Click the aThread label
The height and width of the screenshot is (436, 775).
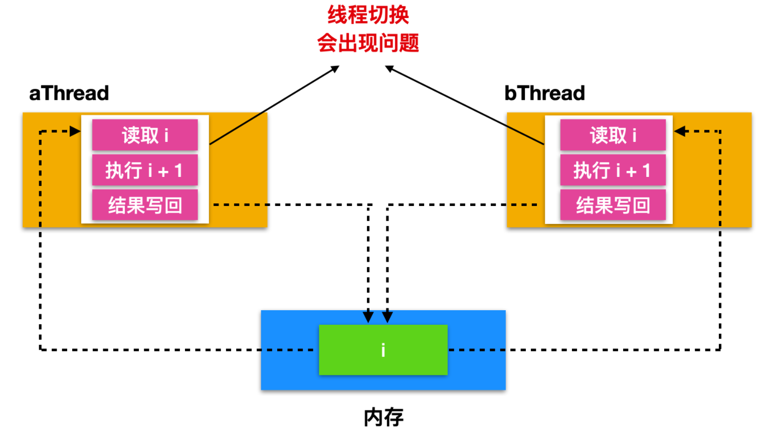click(x=69, y=93)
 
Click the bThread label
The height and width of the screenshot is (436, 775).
click(x=544, y=93)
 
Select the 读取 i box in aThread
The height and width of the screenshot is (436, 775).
click(x=145, y=135)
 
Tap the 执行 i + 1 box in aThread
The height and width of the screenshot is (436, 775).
click(x=145, y=170)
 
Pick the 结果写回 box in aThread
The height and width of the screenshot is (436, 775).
click(x=145, y=205)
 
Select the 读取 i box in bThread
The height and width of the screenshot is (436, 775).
click(x=613, y=135)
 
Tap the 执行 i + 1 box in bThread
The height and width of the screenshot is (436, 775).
click(x=613, y=170)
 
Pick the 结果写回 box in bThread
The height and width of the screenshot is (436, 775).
click(x=613, y=205)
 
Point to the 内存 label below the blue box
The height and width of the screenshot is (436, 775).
click(x=383, y=417)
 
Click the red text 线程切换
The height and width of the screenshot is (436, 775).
click(x=368, y=15)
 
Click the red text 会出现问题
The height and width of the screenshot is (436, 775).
click(x=368, y=43)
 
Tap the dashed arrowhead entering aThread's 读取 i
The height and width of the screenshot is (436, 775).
click(x=76, y=131)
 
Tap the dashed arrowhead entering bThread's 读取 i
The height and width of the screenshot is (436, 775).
click(x=680, y=131)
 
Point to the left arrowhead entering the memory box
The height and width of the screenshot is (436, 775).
click(x=368, y=317)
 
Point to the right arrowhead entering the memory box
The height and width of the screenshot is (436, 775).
click(x=387, y=317)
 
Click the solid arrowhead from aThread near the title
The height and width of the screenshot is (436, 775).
click(x=335, y=69)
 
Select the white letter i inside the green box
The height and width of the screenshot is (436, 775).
click(x=383, y=350)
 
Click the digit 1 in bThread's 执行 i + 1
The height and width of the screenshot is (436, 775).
click(x=646, y=170)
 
